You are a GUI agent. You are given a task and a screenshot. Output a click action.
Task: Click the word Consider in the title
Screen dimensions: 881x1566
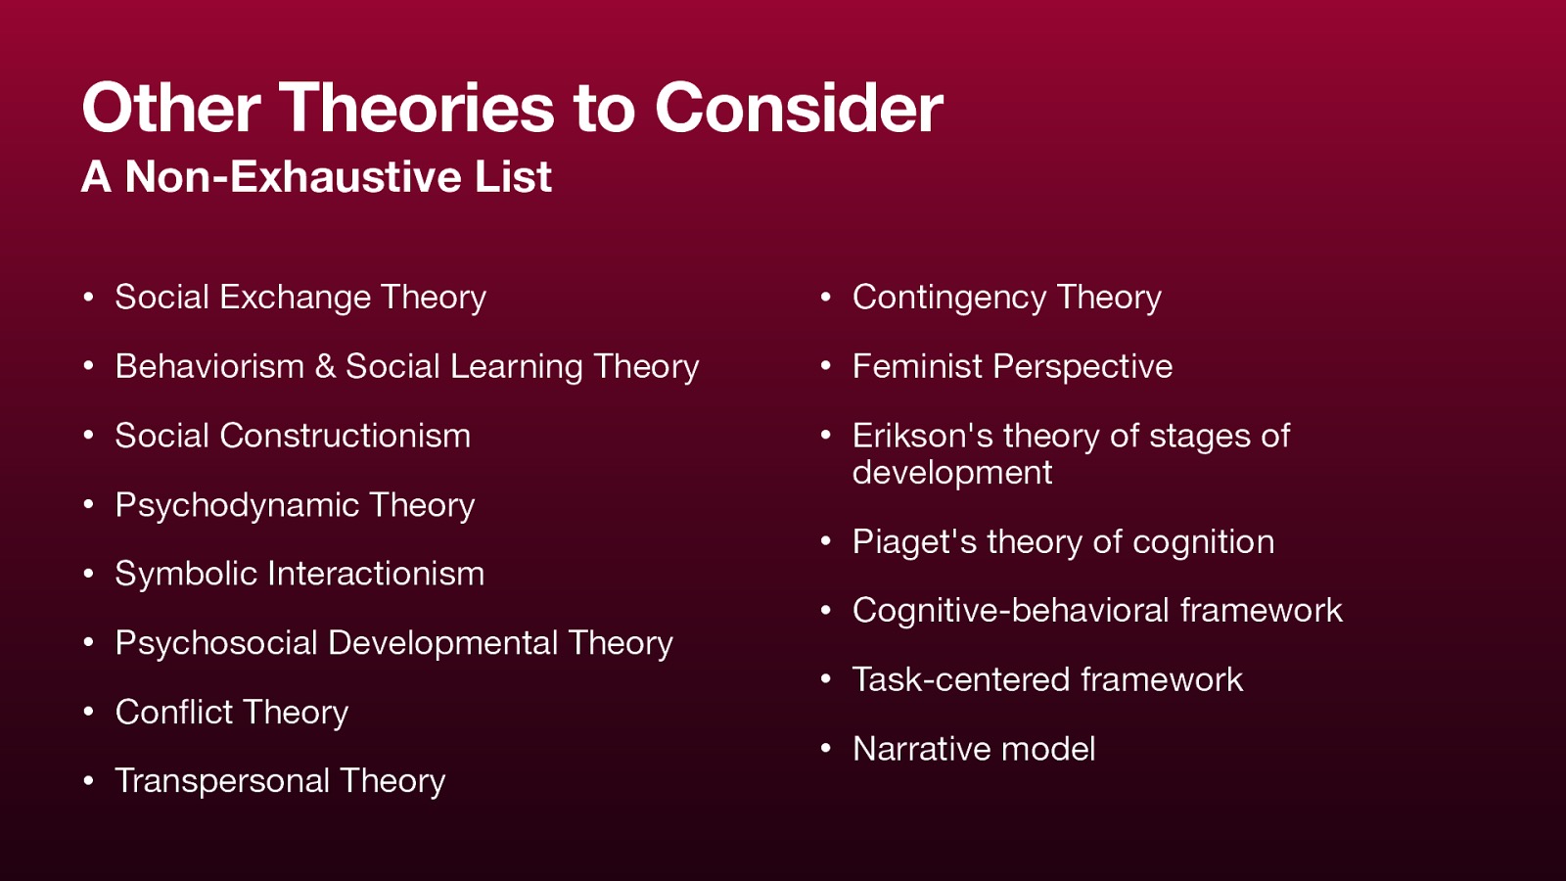(x=798, y=108)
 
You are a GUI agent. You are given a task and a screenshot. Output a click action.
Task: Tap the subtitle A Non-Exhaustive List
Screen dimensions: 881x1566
(x=316, y=177)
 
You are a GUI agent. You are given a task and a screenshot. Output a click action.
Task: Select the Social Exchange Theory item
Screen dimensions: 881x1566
(x=300, y=298)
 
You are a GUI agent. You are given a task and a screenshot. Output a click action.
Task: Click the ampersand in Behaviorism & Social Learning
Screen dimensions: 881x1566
(x=325, y=367)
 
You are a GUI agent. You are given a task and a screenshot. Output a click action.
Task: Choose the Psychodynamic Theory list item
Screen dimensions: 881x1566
(x=295, y=505)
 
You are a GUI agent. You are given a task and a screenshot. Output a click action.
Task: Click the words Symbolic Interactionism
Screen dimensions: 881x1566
(x=299, y=574)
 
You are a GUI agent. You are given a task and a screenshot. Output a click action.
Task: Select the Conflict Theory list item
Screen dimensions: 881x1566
(x=232, y=713)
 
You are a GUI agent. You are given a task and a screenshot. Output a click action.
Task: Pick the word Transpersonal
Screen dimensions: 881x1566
(x=222, y=781)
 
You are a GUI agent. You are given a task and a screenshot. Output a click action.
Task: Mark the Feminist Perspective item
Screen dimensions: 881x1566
(x=1012, y=367)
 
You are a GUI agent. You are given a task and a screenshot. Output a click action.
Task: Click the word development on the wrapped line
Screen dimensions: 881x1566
(x=952, y=473)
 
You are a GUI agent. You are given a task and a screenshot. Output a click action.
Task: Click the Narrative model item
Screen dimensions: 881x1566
(x=974, y=750)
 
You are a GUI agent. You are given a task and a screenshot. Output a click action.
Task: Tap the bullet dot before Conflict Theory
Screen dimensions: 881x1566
(x=88, y=713)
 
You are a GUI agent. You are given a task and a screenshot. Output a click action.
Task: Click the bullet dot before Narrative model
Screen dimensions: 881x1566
(x=826, y=750)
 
